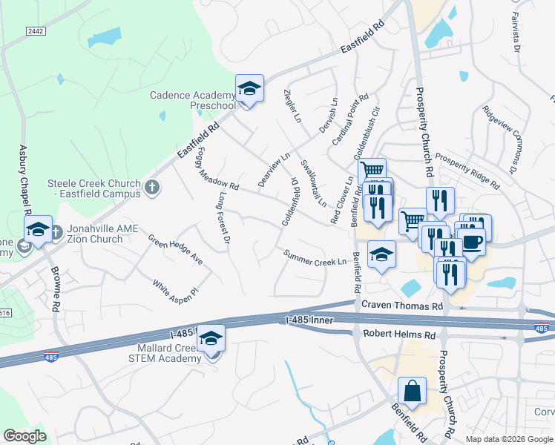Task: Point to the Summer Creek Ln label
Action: tap(315, 258)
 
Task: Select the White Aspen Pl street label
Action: tap(176, 289)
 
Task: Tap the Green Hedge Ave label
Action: tap(175, 250)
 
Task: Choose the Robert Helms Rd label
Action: tap(394, 334)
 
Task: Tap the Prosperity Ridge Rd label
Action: tap(467, 168)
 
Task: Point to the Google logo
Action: tap(25, 435)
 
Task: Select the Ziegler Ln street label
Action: tap(293, 106)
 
